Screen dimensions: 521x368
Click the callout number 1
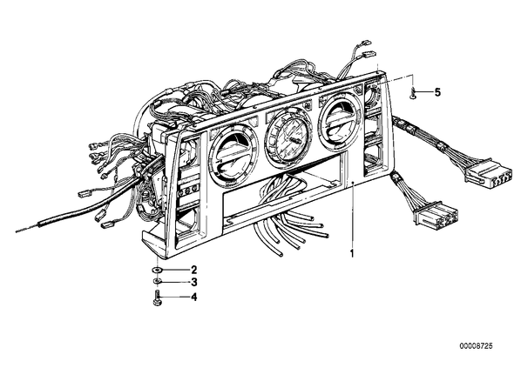352,254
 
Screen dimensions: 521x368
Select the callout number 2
194,269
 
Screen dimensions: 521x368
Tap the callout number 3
194,283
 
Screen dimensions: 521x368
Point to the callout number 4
194,297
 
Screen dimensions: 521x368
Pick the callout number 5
437,92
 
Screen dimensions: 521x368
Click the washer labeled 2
157,269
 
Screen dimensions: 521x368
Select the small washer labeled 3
157,282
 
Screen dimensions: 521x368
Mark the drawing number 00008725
477,346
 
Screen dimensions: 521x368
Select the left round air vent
233,154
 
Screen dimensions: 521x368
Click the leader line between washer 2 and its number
175,269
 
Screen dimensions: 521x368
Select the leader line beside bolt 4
175,297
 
